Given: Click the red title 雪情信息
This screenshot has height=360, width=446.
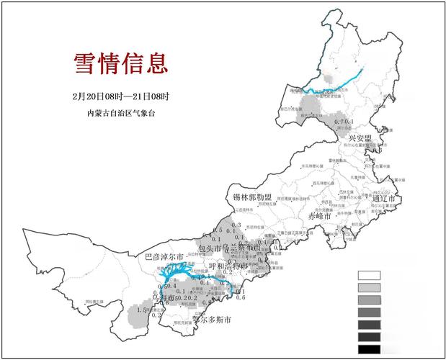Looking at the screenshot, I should tap(121, 63).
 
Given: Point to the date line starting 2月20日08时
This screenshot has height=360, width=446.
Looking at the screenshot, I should tap(120, 96).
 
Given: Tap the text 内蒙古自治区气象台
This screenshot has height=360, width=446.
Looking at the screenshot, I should tap(120, 113).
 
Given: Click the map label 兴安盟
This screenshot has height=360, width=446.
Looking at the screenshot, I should tap(360, 138).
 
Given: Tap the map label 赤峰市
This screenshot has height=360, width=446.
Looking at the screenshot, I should tap(319, 216).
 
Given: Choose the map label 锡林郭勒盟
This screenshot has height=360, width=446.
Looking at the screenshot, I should tap(252, 197).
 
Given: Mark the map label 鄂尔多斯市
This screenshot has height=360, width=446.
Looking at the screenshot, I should tap(213, 320).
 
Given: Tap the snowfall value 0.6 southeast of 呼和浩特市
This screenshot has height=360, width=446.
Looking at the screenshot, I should tap(241, 297).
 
